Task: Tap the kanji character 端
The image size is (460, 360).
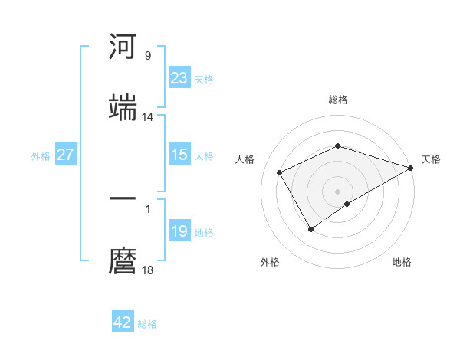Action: coord(123,107)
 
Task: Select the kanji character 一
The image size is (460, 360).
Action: coord(123,200)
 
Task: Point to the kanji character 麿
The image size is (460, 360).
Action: coord(123,260)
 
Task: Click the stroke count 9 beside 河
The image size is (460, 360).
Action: coord(148,56)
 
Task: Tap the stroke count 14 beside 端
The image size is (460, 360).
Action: coord(148,116)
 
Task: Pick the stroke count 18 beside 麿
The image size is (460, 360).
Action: coord(148,270)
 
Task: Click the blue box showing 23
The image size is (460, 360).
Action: coord(179,78)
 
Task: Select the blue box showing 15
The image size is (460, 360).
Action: coord(179,155)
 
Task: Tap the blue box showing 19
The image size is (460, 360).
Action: coord(179,231)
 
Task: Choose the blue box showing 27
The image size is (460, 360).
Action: coord(65,155)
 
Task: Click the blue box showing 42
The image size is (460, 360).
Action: coord(123,322)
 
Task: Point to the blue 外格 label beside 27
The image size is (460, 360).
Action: coord(41,155)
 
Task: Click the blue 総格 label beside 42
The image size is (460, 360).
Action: coord(147,324)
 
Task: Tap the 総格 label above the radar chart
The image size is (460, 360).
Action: coord(338,100)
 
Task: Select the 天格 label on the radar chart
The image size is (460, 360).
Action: coord(431,159)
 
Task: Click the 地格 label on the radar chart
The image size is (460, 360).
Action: coord(402,263)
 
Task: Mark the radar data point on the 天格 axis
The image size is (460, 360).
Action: coord(412,167)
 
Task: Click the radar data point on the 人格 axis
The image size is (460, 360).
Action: coord(280,172)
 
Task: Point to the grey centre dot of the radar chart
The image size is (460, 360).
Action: coord(338,191)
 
